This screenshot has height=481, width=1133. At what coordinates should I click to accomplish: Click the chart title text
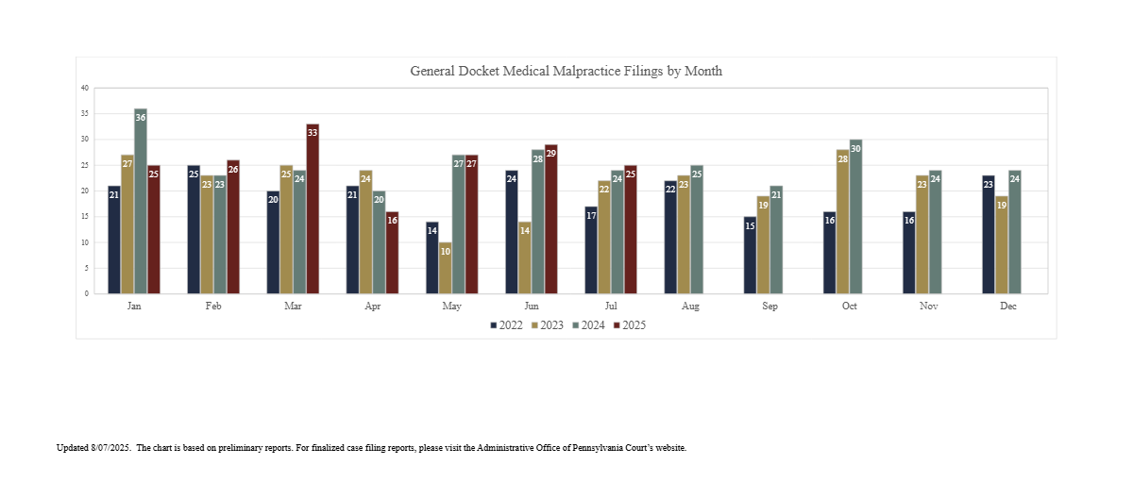point(566,72)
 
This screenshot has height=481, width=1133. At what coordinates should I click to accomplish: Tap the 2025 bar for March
point(313,208)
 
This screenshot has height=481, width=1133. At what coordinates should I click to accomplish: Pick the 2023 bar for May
point(445,268)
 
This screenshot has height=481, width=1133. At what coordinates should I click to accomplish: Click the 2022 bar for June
point(512,232)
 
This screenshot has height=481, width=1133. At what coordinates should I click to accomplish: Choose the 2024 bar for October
point(855,217)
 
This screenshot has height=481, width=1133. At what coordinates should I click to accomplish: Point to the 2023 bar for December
point(1001,245)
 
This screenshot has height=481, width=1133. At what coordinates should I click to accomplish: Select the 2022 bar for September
point(750,256)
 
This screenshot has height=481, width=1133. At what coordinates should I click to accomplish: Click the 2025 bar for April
point(392,253)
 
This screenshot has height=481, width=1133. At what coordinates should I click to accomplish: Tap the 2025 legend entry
point(629,325)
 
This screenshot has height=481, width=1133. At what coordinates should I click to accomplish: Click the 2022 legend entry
point(505,325)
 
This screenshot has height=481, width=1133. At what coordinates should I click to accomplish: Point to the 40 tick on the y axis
point(85,88)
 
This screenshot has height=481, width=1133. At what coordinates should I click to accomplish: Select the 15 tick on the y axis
point(85,217)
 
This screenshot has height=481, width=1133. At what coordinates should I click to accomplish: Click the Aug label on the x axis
point(690,307)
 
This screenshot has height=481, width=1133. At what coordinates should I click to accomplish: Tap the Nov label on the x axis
point(928,307)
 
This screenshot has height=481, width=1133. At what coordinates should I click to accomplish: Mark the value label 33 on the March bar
point(313,133)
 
